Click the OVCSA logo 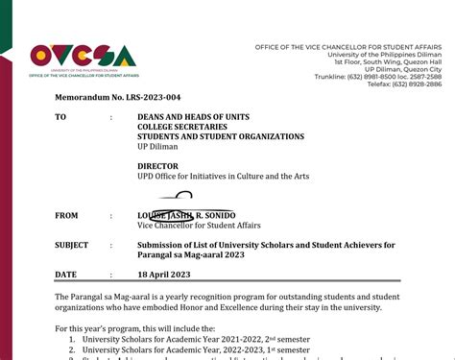[84, 59]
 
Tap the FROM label [66, 216]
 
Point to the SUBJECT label [73, 246]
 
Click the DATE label [65, 275]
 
